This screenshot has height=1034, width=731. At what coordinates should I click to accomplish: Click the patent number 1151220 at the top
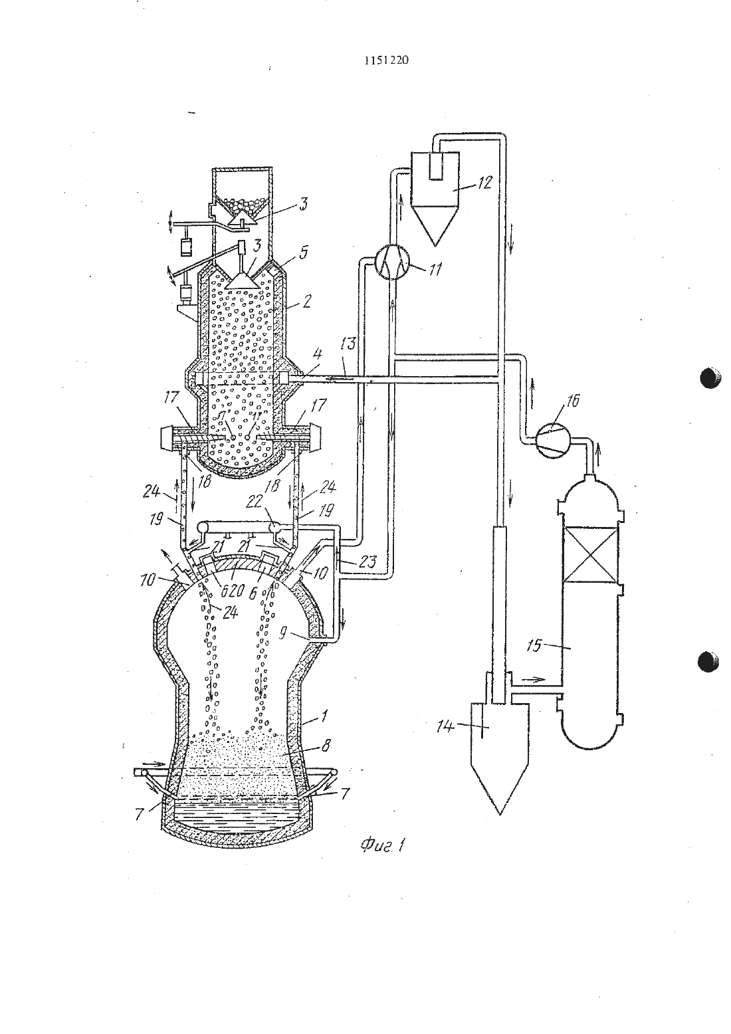(386, 60)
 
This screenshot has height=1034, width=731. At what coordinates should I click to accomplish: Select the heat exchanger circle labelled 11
(391, 261)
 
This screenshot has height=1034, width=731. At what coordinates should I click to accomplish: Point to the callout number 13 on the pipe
(348, 344)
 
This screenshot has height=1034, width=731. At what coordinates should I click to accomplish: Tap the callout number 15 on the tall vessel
(534, 645)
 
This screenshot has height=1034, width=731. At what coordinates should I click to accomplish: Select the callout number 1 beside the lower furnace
(324, 716)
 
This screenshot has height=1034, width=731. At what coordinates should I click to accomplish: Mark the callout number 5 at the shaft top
(303, 253)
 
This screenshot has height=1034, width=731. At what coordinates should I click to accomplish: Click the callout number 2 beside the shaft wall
(306, 302)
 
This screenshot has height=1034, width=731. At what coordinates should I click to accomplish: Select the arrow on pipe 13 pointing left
(340, 378)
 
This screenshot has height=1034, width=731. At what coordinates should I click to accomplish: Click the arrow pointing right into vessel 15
(533, 680)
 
